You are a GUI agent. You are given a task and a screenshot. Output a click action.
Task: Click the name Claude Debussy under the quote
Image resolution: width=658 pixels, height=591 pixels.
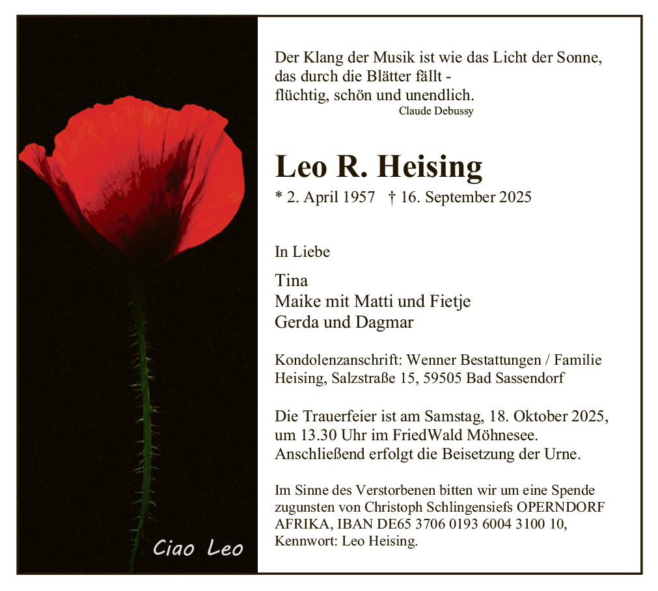(436, 111)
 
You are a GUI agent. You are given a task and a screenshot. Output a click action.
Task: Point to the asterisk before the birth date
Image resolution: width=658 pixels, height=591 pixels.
(279, 196)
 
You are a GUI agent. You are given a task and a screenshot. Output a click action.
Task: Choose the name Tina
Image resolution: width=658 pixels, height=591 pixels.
(291, 281)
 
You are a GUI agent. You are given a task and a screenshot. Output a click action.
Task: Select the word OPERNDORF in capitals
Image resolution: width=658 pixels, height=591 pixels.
(566, 507)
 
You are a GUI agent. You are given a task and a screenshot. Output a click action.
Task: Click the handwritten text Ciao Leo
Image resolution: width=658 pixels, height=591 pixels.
(198, 549)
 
